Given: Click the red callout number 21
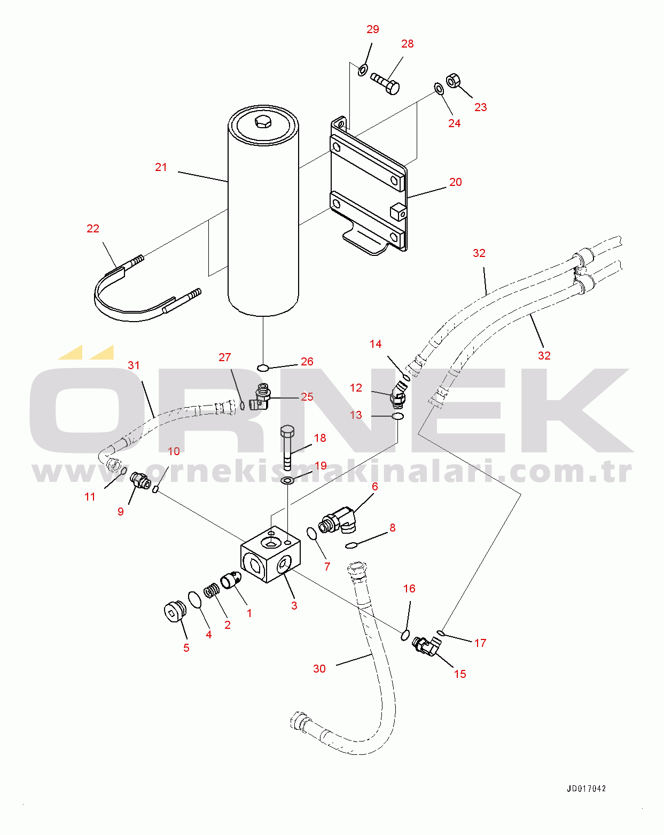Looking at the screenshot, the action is click(161, 167).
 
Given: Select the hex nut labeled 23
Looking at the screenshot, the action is click(453, 81).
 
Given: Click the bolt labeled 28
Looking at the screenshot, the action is click(385, 83).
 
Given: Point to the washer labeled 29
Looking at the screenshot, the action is click(363, 71).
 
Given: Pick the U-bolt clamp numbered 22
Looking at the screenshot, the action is click(147, 288).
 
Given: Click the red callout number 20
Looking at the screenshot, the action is click(456, 182).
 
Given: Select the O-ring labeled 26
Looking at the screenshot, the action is click(263, 368).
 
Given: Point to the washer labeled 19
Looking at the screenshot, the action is click(287, 481).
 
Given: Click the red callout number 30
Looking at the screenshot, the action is click(319, 668).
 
